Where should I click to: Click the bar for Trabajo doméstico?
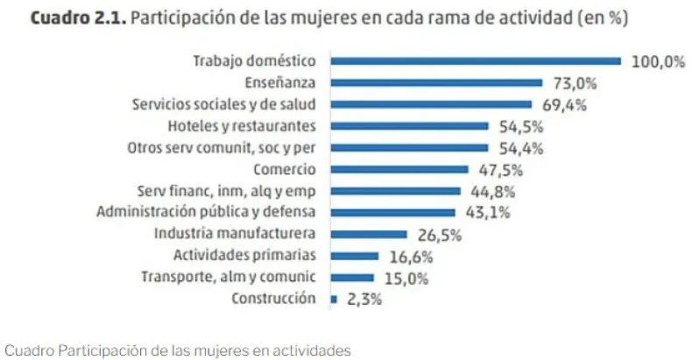click(476, 61)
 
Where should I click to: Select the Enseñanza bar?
click(436, 83)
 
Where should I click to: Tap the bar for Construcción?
click(334, 299)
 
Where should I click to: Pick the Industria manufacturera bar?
click(369, 234)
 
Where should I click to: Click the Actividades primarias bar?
click(355, 256)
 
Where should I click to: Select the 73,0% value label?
click(573, 84)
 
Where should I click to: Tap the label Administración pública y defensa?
click(206, 212)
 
